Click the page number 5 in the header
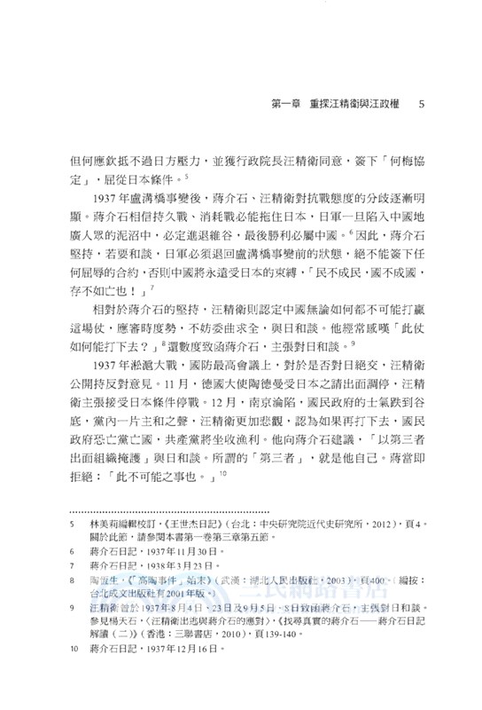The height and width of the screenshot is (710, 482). pos(422,105)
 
